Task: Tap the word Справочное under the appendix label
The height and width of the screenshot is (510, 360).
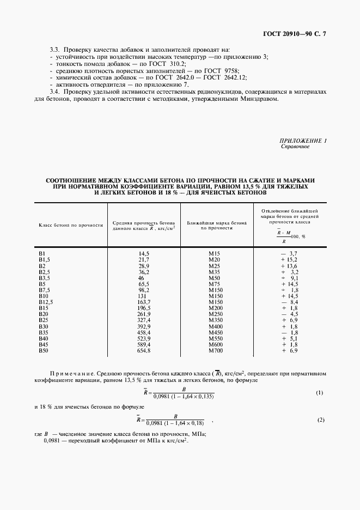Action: click(x=295, y=147)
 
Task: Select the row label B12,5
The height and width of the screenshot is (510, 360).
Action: click(x=46, y=301)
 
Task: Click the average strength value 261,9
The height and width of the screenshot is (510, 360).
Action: click(x=144, y=314)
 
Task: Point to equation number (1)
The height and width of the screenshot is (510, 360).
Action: click(x=320, y=393)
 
